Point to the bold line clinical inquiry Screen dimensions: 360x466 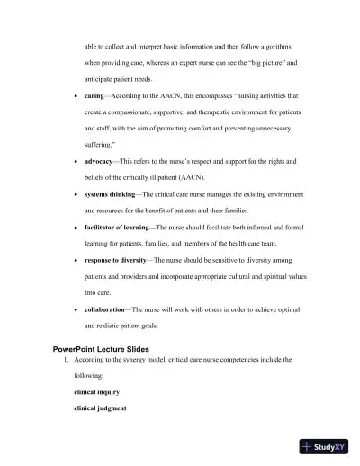pyautogui.click(x=99, y=393)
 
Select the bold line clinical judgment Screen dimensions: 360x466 pyautogui.click(x=101, y=409)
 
